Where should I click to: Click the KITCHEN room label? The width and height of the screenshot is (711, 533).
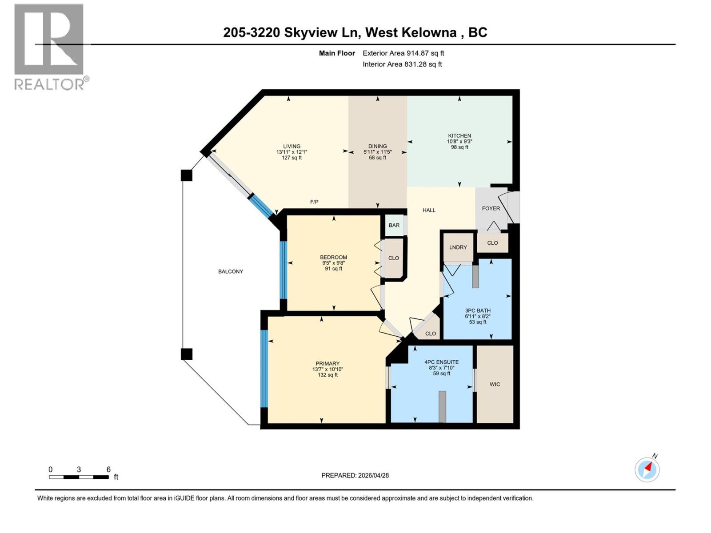459,136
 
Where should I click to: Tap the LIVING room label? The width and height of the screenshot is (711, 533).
292,146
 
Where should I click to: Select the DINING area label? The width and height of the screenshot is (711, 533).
377,146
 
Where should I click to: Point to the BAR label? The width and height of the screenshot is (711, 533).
394,225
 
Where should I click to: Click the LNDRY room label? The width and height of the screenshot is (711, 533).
458,247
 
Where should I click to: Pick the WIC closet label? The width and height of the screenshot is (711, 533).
495,384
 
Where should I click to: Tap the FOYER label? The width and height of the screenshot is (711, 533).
491,208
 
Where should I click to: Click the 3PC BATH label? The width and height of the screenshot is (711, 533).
478,311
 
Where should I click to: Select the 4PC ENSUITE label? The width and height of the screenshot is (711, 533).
441,362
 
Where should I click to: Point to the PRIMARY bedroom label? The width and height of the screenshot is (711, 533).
328,363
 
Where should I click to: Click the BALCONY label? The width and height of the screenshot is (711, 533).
230,271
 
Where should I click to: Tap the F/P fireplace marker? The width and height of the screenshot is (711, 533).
314,202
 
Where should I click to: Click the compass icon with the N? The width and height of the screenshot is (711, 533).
647,469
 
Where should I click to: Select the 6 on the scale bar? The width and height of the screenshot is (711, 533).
108,469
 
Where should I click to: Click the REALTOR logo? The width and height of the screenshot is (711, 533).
50,47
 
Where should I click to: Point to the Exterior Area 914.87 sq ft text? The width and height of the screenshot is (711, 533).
403,53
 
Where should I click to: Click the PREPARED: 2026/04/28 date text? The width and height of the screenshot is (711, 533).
355,475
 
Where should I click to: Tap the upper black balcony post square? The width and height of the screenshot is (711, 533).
187,175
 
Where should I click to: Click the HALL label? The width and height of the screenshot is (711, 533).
429,210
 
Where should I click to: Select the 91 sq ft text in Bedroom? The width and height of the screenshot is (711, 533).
333,269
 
